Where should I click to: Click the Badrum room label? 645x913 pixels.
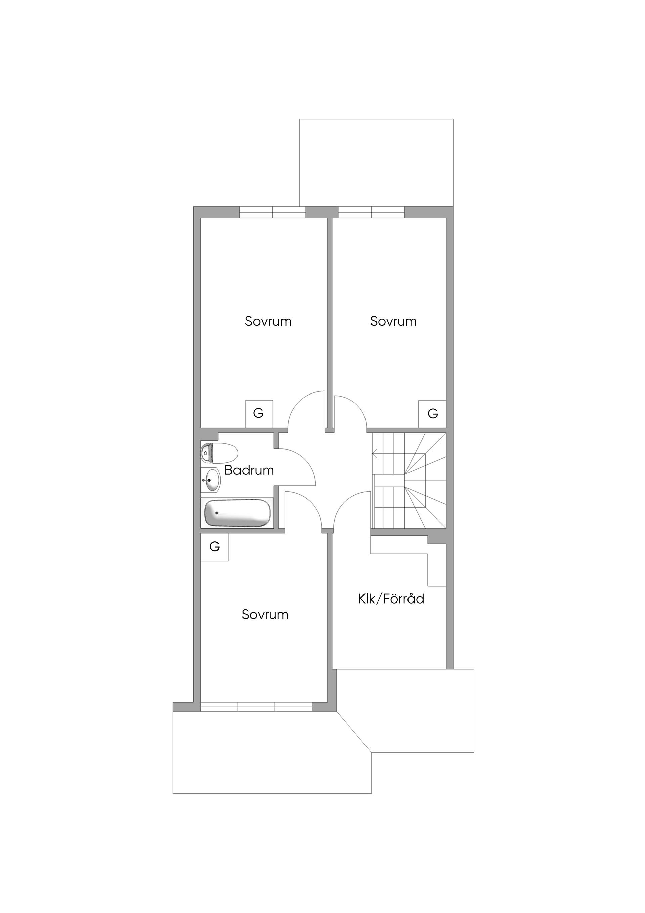(x=249, y=470)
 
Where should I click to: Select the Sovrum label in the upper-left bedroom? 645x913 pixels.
(x=268, y=321)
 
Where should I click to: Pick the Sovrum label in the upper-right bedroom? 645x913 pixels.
(x=393, y=321)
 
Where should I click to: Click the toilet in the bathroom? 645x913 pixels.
(x=219, y=453)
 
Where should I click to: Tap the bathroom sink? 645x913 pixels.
(x=210, y=481)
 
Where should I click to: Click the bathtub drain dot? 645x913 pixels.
(x=217, y=513)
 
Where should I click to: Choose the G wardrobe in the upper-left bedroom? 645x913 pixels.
(x=259, y=414)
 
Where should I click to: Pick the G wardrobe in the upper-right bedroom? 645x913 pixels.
(x=432, y=414)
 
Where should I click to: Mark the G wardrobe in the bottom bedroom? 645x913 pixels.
(x=214, y=547)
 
